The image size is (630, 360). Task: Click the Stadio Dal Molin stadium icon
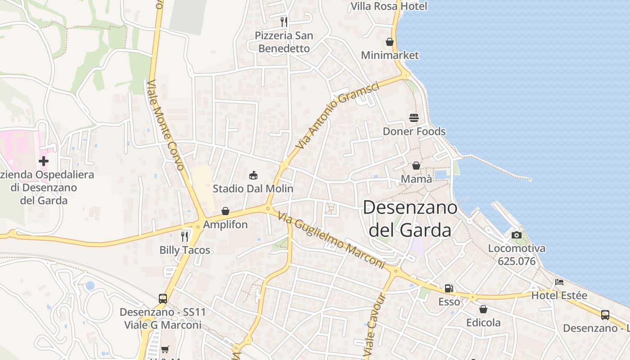253,175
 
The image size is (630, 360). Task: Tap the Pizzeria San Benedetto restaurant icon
283,22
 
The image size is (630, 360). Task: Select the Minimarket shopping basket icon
390,42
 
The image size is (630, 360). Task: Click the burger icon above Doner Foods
414,118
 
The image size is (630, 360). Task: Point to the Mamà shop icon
416,166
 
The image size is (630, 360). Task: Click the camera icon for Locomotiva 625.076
516,235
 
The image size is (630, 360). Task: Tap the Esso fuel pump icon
449,288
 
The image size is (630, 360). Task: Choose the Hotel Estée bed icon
559,282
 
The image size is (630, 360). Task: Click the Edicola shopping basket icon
483,309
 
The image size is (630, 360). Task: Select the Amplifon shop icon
225,211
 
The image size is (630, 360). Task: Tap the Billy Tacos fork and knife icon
184,237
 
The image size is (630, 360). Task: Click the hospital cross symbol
44,161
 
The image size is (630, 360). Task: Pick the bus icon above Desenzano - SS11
163,298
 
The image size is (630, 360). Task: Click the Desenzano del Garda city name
409,219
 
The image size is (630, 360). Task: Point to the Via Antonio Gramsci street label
337,115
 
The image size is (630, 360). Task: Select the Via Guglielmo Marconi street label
331,241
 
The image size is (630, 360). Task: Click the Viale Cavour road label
376,325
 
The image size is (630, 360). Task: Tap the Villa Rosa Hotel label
389,6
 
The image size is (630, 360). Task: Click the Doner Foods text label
414,131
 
